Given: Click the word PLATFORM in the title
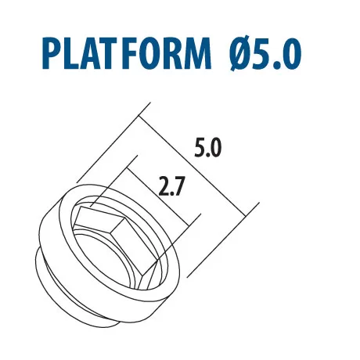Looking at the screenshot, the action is click(x=127, y=53).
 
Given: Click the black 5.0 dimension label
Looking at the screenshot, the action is click(x=207, y=148).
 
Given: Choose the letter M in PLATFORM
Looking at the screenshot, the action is click(x=195, y=53).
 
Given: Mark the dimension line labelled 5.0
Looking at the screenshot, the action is click(x=192, y=166).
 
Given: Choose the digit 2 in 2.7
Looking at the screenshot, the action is click(x=164, y=186).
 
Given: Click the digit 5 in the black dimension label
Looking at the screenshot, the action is click(x=200, y=148).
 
